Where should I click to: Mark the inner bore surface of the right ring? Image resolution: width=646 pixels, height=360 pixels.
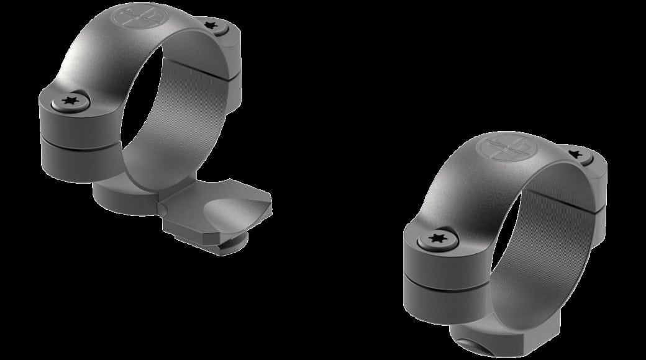coord(547,248)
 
